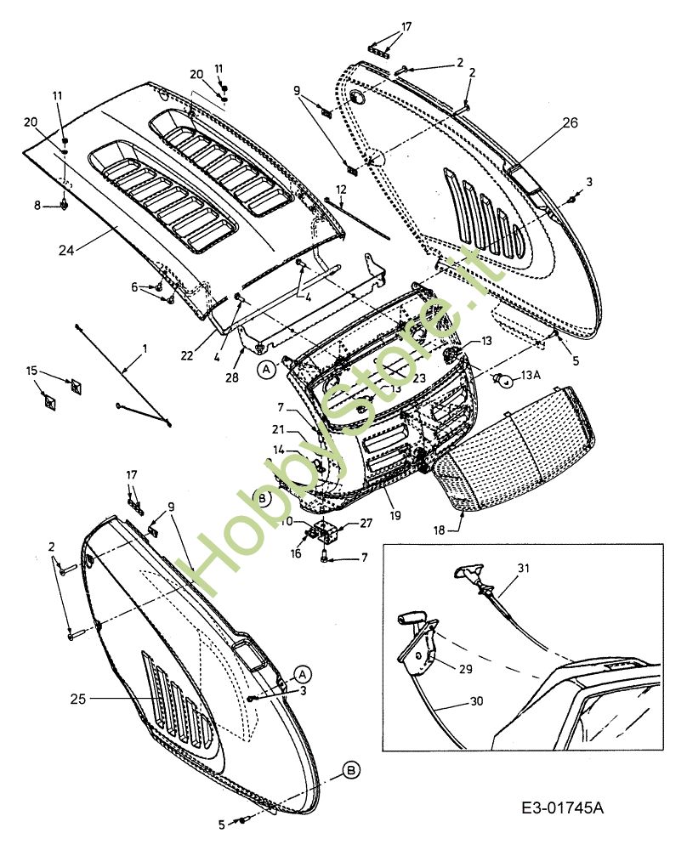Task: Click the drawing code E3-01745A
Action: click(x=562, y=807)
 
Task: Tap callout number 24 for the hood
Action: click(x=66, y=250)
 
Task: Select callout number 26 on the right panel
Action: click(x=570, y=122)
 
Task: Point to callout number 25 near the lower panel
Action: click(x=78, y=699)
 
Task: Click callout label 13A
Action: click(x=530, y=375)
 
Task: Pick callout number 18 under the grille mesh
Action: click(x=439, y=530)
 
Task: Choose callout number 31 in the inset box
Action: click(x=523, y=568)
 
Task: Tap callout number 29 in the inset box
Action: click(x=466, y=669)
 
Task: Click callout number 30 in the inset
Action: click(x=476, y=701)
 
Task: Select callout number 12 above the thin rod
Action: click(x=341, y=190)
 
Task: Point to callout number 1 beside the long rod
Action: click(x=145, y=348)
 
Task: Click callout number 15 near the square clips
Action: click(x=32, y=371)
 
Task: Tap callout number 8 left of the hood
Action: click(x=37, y=206)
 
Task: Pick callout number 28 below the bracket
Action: click(x=231, y=377)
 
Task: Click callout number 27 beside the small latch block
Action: click(x=366, y=523)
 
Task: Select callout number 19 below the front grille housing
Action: click(x=395, y=515)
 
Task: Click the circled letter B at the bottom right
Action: click(x=351, y=770)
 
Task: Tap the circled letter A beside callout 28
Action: click(x=265, y=370)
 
